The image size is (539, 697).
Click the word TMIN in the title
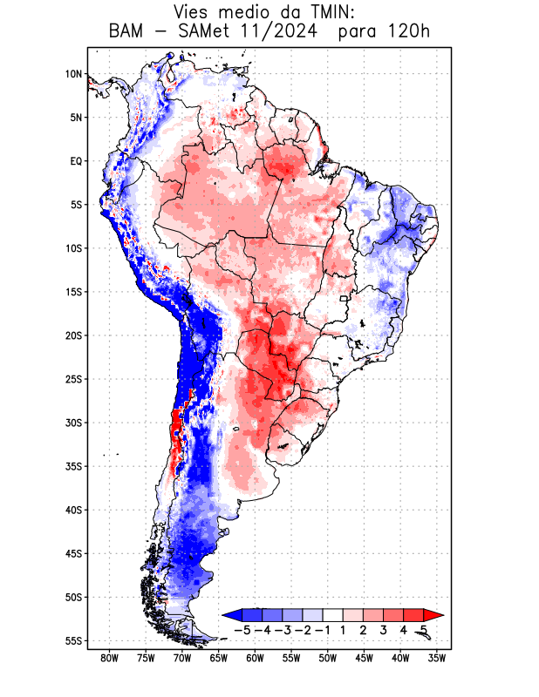[321, 13]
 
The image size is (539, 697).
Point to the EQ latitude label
[76, 161]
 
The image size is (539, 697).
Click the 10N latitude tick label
[73, 74]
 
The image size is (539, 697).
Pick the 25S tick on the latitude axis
[73, 379]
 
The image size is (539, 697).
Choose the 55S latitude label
[73, 640]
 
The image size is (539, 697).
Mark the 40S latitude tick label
[73, 510]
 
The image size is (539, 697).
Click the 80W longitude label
[109, 659]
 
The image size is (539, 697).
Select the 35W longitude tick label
[437, 659]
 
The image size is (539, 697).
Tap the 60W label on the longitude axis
[255, 659]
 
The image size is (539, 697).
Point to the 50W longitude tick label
[328, 659]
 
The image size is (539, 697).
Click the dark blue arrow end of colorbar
[231, 615]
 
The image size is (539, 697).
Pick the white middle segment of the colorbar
[332, 615]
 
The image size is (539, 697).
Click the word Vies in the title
[194, 13]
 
